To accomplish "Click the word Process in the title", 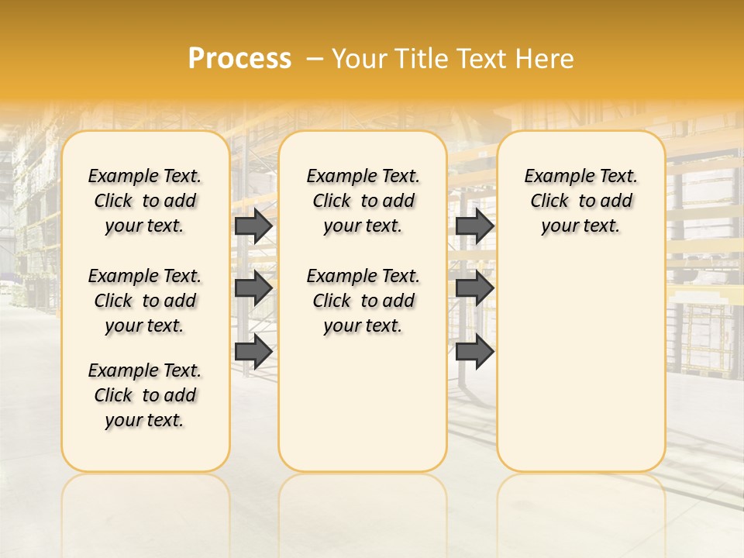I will pyautogui.click(x=239, y=59).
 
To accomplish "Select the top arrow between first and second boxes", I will pyautogui.click(x=253, y=226).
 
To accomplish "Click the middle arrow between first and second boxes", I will pyautogui.click(x=253, y=288).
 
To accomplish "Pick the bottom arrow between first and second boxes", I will pyautogui.click(x=253, y=352).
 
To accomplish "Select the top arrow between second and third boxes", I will pyautogui.click(x=474, y=226).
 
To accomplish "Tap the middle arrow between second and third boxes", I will pyautogui.click(x=474, y=288).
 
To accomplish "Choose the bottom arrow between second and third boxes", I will pyautogui.click(x=474, y=352).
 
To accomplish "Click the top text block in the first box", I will pyautogui.click(x=145, y=201).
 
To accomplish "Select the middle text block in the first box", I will pyautogui.click(x=145, y=301).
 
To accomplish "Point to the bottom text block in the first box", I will pyautogui.click(x=145, y=395).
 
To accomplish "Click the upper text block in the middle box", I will pyautogui.click(x=363, y=201).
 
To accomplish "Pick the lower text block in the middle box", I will pyautogui.click(x=363, y=301).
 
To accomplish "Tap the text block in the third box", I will pyautogui.click(x=580, y=201).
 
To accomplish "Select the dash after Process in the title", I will pyautogui.click(x=315, y=59).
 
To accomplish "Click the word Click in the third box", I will pyautogui.click(x=549, y=201).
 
